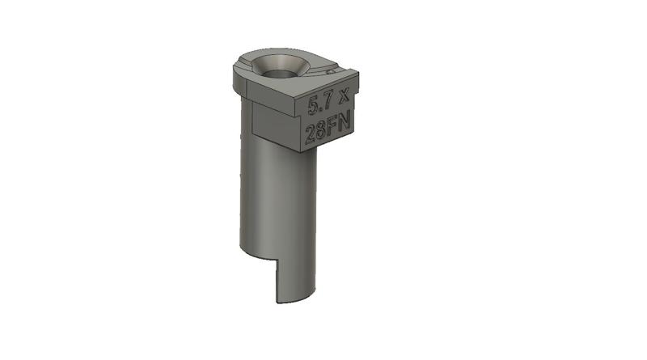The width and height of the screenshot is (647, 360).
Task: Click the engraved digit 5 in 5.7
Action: (x=313, y=104)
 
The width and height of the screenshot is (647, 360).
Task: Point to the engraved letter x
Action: (x=345, y=97)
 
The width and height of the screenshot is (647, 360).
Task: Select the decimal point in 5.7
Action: (x=320, y=108)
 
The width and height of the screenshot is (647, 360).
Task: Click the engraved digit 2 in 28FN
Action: (x=311, y=133)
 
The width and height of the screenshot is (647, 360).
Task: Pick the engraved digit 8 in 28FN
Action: (x=323, y=130)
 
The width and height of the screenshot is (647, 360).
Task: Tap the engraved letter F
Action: (x=335, y=127)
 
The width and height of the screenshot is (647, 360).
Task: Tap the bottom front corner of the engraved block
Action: (x=305, y=151)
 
